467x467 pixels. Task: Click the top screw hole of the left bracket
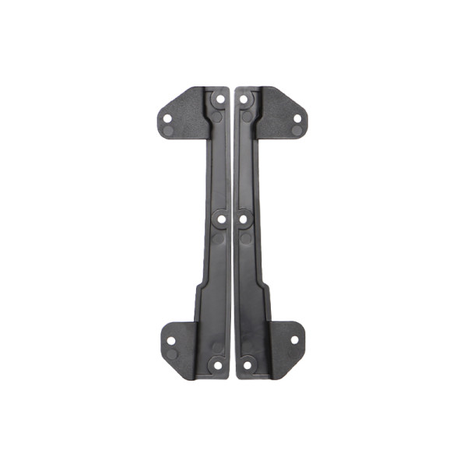[x=219, y=100]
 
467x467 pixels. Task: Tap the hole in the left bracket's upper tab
[x=167, y=118]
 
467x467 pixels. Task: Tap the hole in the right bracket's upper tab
[x=297, y=118]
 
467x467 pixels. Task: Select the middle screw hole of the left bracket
[x=221, y=220]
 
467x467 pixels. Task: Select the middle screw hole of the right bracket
[x=244, y=220]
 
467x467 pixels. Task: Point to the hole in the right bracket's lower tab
[x=295, y=339]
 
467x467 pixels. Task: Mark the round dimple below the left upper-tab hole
[x=169, y=131]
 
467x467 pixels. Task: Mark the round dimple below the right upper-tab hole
[x=297, y=131]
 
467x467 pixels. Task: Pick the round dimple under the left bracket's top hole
[x=218, y=116]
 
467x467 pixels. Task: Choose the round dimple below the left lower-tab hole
[x=171, y=354]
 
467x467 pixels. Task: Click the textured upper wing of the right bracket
[x=277, y=109]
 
